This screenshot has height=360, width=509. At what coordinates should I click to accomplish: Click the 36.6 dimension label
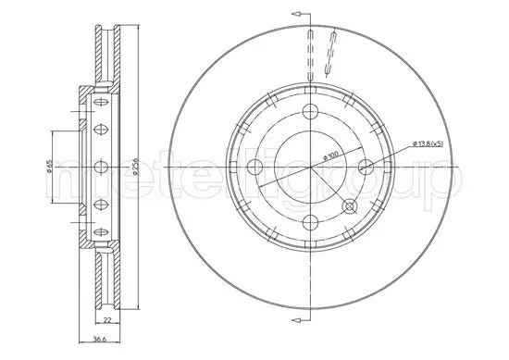(x=99, y=339)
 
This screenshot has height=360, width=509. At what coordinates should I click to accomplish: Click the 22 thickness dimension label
(x=107, y=320)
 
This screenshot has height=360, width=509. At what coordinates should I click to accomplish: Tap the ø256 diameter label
(x=136, y=167)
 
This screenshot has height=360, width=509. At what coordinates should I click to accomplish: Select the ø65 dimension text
(x=49, y=167)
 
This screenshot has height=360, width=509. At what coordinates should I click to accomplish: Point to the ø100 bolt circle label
(x=331, y=155)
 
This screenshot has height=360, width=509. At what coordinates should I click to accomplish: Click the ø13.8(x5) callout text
(x=428, y=143)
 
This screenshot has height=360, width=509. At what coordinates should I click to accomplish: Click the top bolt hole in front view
(x=310, y=112)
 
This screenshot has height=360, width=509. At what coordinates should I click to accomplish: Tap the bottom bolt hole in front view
(x=310, y=222)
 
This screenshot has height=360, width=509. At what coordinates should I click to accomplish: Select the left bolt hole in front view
(x=254, y=167)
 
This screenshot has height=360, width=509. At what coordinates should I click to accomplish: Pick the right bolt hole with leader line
(x=366, y=167)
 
